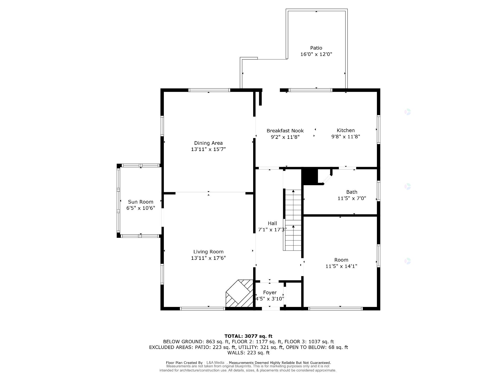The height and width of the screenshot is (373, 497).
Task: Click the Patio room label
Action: (316, 48)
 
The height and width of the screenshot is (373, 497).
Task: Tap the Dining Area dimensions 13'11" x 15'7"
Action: (208, 149)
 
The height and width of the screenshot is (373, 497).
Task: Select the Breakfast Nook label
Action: (285, 131)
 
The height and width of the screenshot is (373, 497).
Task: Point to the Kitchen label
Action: (346, 130)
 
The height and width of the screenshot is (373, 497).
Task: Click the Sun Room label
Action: (141, 202)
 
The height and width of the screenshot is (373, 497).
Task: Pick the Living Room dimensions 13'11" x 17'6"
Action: (208, 258)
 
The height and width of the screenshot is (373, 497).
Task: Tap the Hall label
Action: (272, 223)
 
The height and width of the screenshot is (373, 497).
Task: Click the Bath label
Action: (352, 192)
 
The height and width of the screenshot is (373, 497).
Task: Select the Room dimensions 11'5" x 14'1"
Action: (341, 266)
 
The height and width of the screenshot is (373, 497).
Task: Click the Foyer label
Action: (270, 292)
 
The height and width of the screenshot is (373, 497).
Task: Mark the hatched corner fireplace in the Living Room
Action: (239, 294)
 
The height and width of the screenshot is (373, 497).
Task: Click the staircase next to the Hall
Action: (293, 220)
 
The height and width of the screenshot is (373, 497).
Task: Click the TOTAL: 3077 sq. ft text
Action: (248, 336)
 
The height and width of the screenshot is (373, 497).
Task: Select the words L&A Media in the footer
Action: (215, 363)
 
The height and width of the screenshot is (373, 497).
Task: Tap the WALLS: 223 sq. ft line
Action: (248, 353)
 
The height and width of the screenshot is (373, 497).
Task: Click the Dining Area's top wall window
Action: (209, 90)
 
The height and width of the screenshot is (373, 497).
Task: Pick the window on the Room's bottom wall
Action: (335, 309)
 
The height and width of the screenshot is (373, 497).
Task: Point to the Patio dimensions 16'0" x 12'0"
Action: (316, 54)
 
